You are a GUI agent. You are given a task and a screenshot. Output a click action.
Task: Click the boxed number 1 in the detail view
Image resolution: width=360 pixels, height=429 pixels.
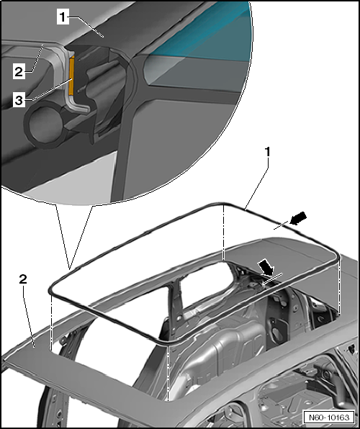pos(63,17)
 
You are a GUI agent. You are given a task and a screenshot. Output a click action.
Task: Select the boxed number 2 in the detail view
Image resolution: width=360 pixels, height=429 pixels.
pos(19,72)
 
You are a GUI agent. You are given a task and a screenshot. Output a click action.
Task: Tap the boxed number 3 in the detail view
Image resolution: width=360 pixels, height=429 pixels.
pos(19,100)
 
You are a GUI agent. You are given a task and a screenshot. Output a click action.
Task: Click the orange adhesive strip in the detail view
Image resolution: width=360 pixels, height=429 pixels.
pos(71,76)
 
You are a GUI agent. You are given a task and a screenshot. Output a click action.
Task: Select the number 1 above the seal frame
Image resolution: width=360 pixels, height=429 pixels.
pos(267,152)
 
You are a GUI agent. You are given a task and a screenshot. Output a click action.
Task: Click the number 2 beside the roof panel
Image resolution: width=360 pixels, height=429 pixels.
pos(23,279)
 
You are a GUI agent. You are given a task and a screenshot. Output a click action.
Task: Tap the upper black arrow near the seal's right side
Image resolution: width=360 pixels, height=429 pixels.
pos(298,218)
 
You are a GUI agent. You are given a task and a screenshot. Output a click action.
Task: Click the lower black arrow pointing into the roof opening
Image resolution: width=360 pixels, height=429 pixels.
pos(266,268)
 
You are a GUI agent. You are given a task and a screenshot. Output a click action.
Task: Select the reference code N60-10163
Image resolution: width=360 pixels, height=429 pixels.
pos(329,417)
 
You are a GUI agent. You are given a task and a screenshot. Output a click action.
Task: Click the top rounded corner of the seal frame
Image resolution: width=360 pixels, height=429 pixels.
pos(223,204)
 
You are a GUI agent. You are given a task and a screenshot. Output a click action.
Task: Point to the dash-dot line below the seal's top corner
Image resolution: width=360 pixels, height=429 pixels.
pos(224,232)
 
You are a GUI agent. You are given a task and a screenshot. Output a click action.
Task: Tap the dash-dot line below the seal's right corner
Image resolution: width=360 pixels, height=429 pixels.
pos(339,287)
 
